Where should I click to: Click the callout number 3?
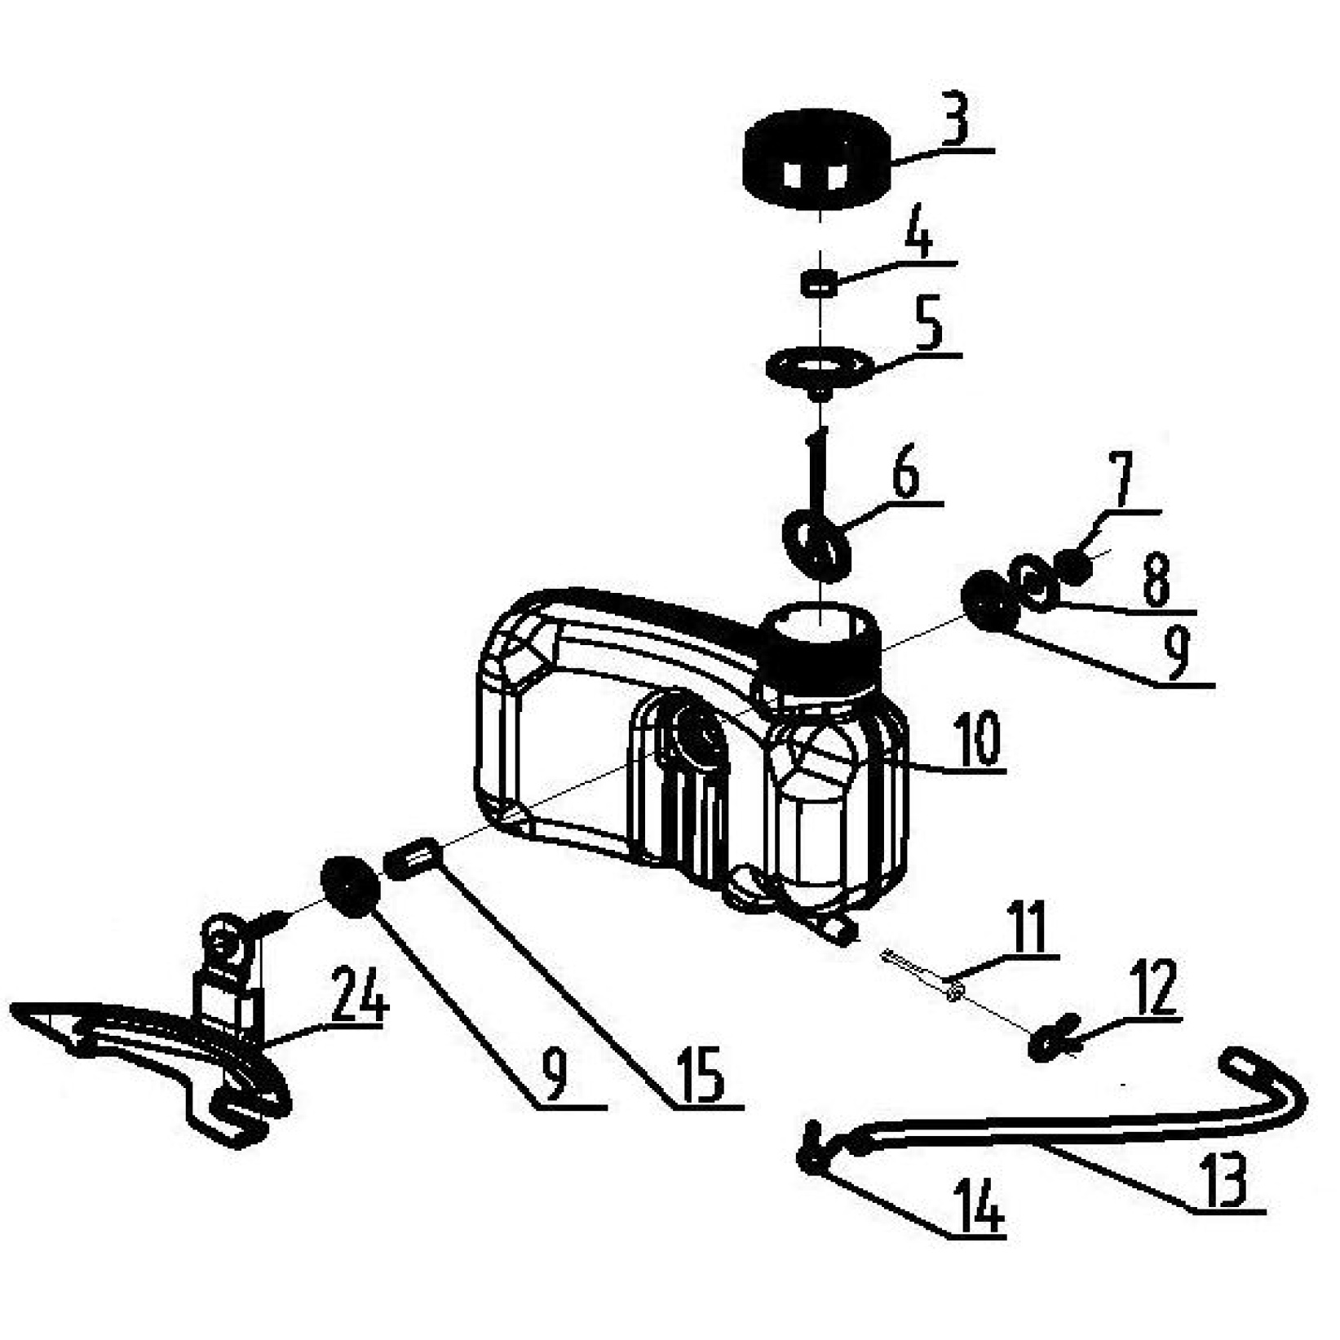tap(953, 120)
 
